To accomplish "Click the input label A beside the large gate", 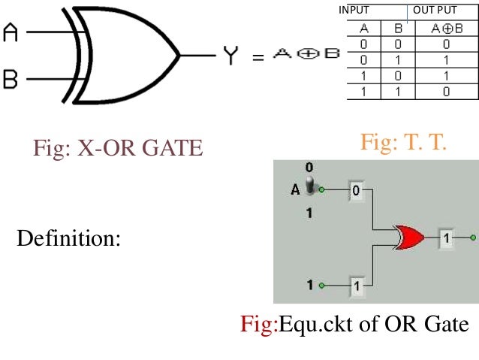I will click(x=10, y=33).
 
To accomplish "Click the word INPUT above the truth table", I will click(x=354, y=10).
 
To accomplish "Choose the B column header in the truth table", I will click(x=399, y=29).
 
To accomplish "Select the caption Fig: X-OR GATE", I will click(x=118, y=147).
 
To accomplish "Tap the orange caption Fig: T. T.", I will click(x=403, y=141).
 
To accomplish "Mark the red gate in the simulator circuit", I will click(x=408, y=237).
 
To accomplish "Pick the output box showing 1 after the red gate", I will click(x=447, y=237).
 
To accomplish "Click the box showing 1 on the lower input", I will click(x=357, y=286).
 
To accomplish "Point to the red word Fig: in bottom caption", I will click(x=259, y=324).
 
